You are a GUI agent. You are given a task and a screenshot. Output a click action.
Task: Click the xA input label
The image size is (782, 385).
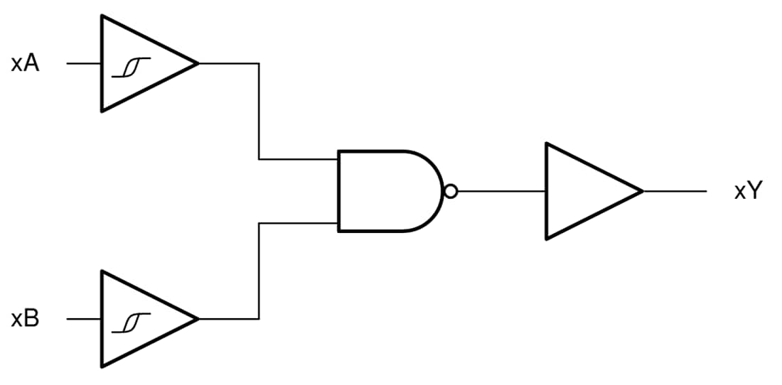pos(25,64)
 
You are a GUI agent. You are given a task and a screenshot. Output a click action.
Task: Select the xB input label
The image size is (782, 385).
pos(25,320)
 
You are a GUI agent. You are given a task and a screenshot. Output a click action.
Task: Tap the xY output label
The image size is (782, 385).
pos(747,191)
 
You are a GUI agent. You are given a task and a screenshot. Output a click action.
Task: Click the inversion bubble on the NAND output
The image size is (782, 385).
pos(449,191)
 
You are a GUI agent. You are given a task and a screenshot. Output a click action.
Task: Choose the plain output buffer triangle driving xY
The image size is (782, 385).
pos(583,191)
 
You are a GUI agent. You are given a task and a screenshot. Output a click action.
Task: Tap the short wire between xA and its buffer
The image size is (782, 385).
pos(84,64)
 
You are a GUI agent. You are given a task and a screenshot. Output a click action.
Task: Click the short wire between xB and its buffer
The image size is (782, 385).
pos(84,320)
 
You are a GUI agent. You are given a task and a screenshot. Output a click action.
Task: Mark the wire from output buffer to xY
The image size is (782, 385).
pos(675,191)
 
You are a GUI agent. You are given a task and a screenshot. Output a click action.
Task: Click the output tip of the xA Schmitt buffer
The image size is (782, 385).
pos(197,64)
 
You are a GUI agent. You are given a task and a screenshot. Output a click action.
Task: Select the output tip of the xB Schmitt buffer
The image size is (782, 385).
pos(197,320)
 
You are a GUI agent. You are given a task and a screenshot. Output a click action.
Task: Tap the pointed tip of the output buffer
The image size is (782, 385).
pos(642,191)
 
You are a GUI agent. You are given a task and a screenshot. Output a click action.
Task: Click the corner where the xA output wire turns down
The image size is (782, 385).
pos(259,64)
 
